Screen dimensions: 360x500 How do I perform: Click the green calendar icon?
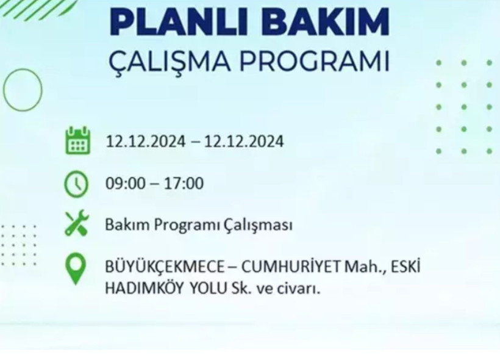click(77, 141)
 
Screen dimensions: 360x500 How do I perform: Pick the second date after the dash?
click(244, 142)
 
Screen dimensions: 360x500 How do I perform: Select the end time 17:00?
click(184, 183)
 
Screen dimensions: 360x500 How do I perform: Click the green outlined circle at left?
click(23, 90)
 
